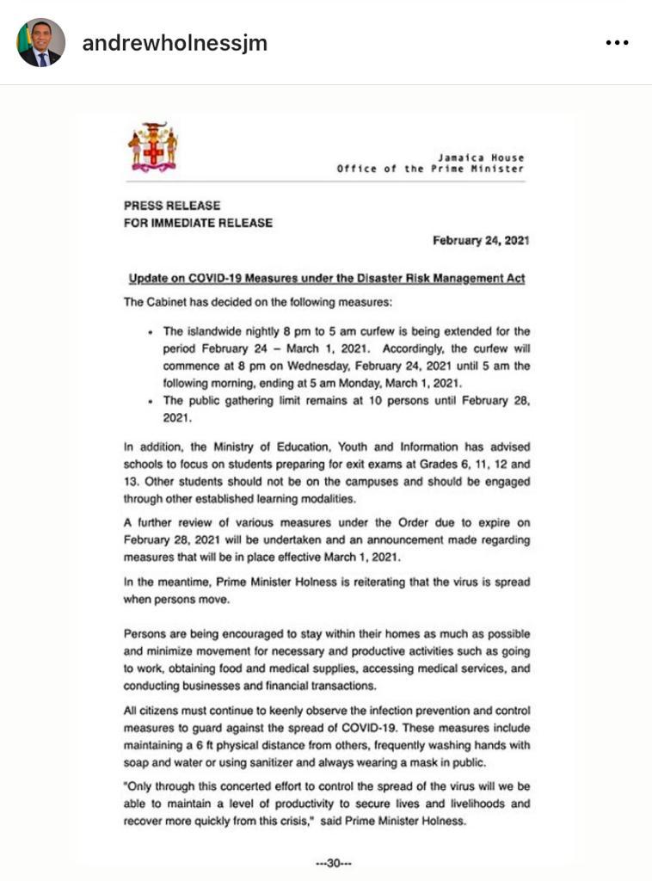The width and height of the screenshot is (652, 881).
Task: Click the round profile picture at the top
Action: (x=40, y=42)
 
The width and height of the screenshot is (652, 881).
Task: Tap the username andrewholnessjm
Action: (x=175, y=43)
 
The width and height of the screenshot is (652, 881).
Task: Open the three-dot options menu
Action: (x=617, y=43)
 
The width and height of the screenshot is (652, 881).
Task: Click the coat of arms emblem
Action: (x=152, y=146)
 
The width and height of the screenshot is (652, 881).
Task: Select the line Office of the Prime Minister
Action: (x=430, y=169)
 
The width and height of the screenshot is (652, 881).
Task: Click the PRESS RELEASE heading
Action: (x=172, y=206)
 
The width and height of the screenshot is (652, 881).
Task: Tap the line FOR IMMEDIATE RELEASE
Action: (x=198, y=224)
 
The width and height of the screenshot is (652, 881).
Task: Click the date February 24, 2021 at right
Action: (x=480, y=242)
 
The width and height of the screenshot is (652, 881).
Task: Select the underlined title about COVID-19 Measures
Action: (x=327, y=280)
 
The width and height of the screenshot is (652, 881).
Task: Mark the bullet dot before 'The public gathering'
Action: (x=151, y=402)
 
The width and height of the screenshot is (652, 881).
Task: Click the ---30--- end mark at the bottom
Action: (x=334, y=863)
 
